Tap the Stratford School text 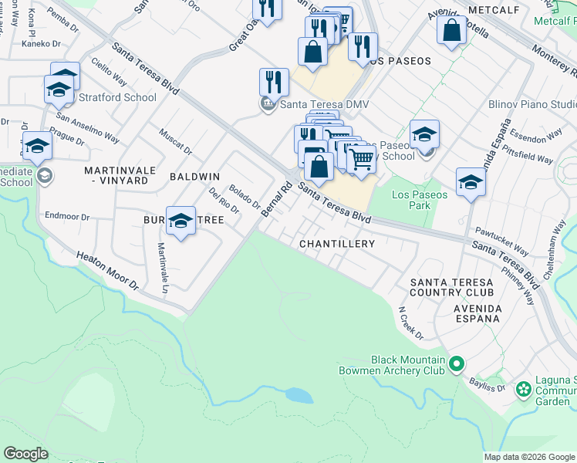116,97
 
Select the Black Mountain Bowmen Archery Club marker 457,363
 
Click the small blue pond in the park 299,395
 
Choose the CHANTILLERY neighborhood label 337,244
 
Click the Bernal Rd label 276,199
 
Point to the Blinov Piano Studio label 532,104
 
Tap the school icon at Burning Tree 181,221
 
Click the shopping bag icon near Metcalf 451,31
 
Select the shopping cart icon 360,160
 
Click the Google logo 25,454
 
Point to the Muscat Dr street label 175,142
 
